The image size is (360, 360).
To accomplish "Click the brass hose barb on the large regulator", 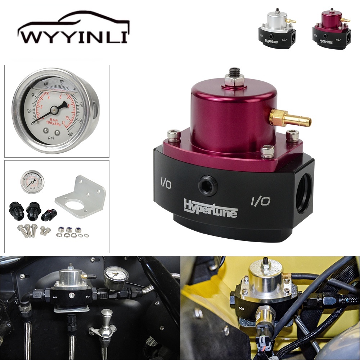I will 292,118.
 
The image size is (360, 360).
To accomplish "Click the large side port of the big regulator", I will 303,189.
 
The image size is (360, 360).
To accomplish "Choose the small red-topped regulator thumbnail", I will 332,29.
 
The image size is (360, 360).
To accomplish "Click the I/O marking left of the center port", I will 166,184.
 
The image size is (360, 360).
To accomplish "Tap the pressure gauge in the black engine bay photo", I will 116,276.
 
